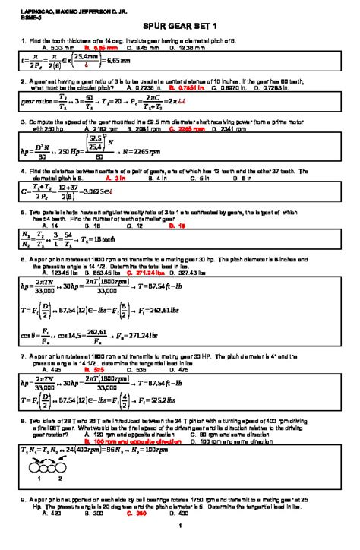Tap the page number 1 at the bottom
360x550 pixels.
178,544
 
